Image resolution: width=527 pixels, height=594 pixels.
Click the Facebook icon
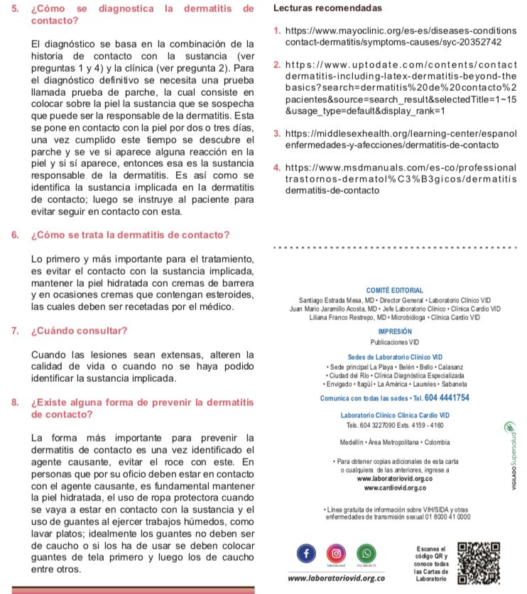(306, 553)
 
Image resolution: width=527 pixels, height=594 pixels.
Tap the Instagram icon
(336, 553)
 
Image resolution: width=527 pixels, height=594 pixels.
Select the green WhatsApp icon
(366, 553)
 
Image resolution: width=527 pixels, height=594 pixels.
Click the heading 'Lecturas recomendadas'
(327, 8)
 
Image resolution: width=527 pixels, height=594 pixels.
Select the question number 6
(15, 235)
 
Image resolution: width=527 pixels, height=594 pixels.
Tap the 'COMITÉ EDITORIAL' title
(394, 290)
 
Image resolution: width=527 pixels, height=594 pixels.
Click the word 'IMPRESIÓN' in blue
(395, 331)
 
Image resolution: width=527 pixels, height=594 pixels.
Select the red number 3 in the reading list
(276, 134)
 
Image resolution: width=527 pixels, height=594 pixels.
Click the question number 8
(15, 402)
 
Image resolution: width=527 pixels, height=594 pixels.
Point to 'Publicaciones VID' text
(395, 342)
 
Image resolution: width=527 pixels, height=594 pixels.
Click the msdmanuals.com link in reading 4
(401, 168)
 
